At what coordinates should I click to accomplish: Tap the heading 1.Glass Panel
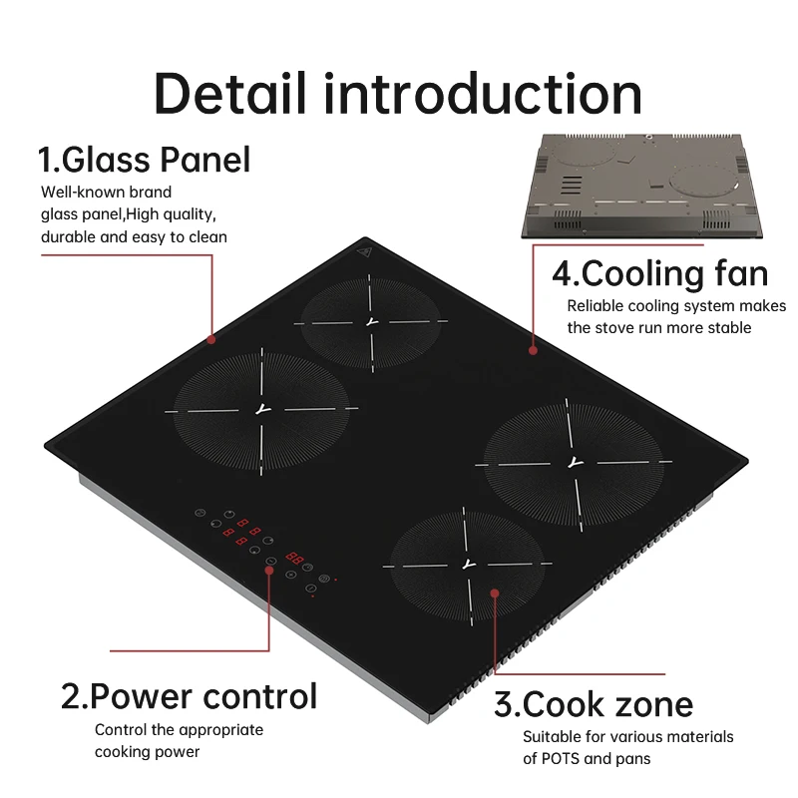(144, 160)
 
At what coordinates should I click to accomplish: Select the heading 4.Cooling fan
(659, 273)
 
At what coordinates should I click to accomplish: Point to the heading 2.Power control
(189, 695)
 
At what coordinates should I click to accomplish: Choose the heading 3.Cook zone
(594, 704)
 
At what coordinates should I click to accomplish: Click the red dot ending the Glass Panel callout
(211, 339)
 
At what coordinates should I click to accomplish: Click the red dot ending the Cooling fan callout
(534, 350)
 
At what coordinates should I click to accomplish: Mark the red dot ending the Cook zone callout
(495, 595)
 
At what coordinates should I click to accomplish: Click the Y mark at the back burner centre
(371, 321)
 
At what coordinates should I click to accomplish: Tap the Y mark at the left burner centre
(262, 409)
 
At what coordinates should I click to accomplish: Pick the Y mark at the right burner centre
(573, 462)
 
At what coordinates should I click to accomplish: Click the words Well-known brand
(106, 192)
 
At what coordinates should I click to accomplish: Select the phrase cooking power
(148, 752)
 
